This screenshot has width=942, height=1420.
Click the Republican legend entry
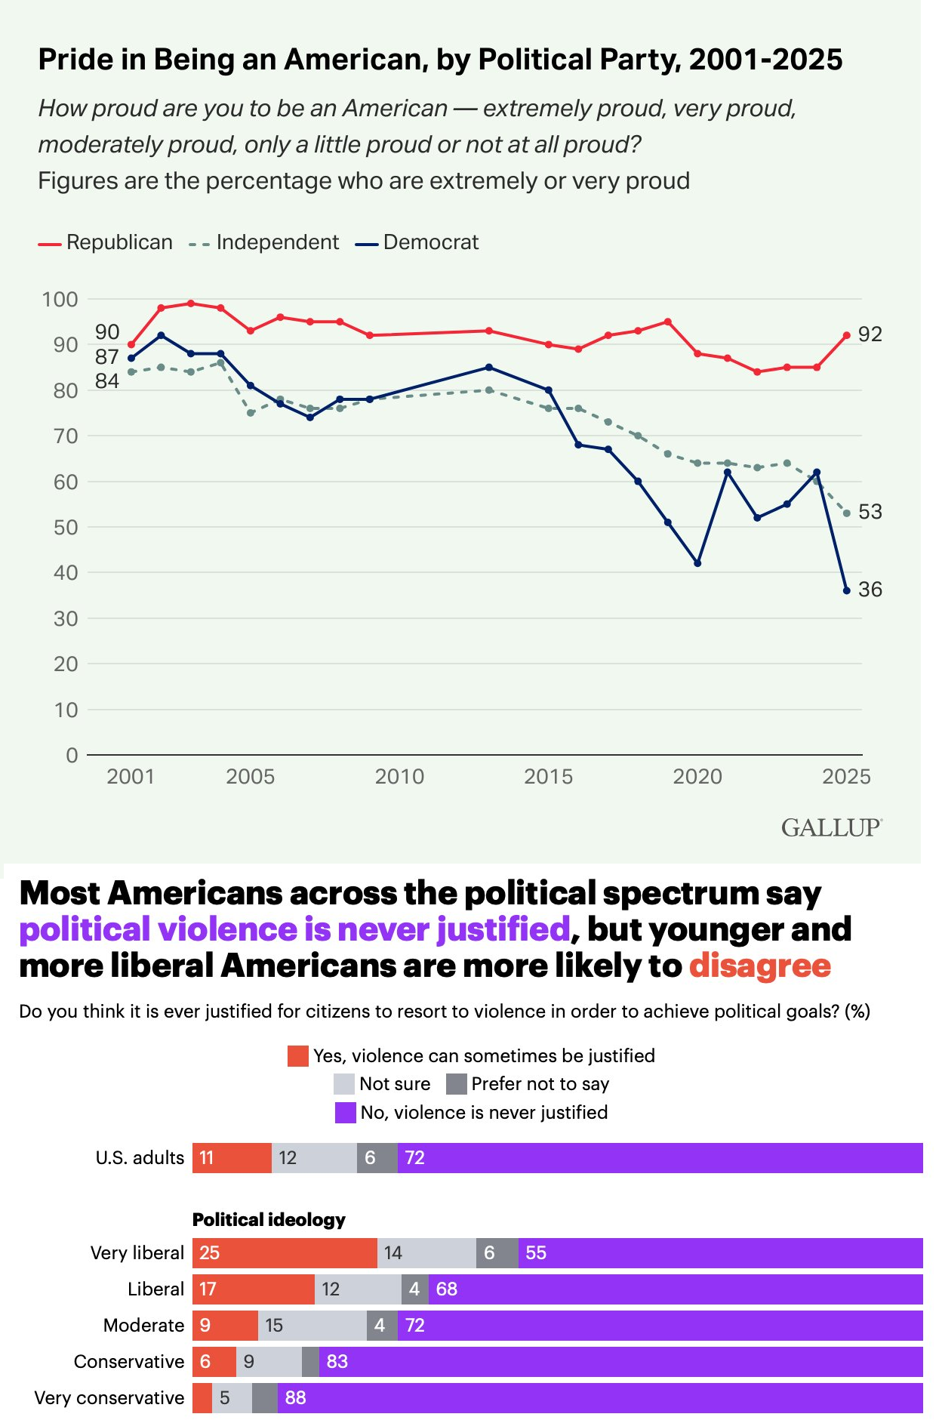(x=106, y=242)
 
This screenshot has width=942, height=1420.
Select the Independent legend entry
(x=263, y=242)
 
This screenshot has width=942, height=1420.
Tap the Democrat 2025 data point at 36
(x=846, y=590)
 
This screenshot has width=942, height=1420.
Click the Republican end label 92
(x=870, y=334)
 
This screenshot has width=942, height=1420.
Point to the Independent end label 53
(x=870, y=512)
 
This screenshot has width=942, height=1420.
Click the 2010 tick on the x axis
(x=399, y=776)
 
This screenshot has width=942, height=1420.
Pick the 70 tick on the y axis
(x=66, y=436)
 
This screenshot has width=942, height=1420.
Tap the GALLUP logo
(x=831, y=828)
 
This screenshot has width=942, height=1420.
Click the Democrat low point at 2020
(x=697, y=563)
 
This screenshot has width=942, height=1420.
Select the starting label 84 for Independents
(x=107, y=381)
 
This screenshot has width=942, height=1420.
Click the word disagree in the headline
(x=759, y=966)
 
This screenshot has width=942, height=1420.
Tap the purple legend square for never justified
(x=345, y=1113)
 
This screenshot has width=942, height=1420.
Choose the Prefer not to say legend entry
(x=528, y=1084)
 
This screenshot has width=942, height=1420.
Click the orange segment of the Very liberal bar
(x=285, y=1253)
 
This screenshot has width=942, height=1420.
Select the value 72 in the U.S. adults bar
(x=415, y=1158)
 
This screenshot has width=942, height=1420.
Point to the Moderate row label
(x=143, y=1326)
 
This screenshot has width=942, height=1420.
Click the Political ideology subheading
(x=269, y=1220)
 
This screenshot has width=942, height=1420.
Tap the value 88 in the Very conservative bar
(x=295, y=1398)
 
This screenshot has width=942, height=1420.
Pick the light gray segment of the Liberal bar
(x=358, y=1289)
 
